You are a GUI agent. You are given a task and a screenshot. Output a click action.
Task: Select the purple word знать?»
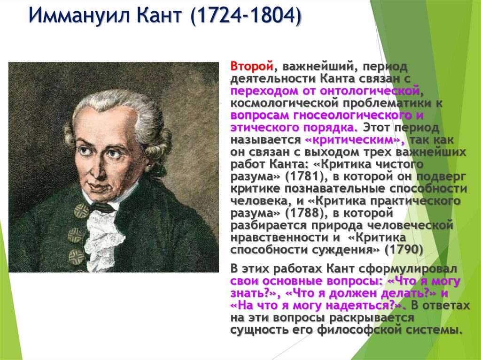pyautogui.click(x=254, y=293)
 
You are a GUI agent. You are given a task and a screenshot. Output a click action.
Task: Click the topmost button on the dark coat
pyautogui.click(x=81, y=211)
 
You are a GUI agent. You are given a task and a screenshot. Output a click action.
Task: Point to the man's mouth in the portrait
pyautogui.click(x=100, y=185)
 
